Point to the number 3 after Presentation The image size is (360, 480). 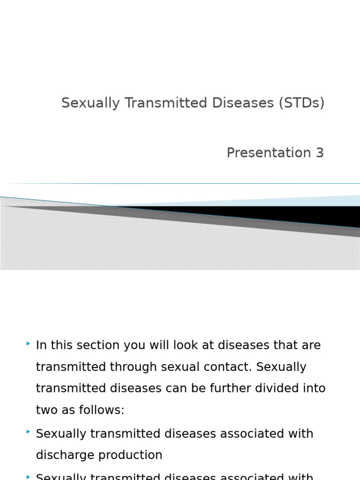(320, 153)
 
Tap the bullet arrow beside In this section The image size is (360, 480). (29, 344)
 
